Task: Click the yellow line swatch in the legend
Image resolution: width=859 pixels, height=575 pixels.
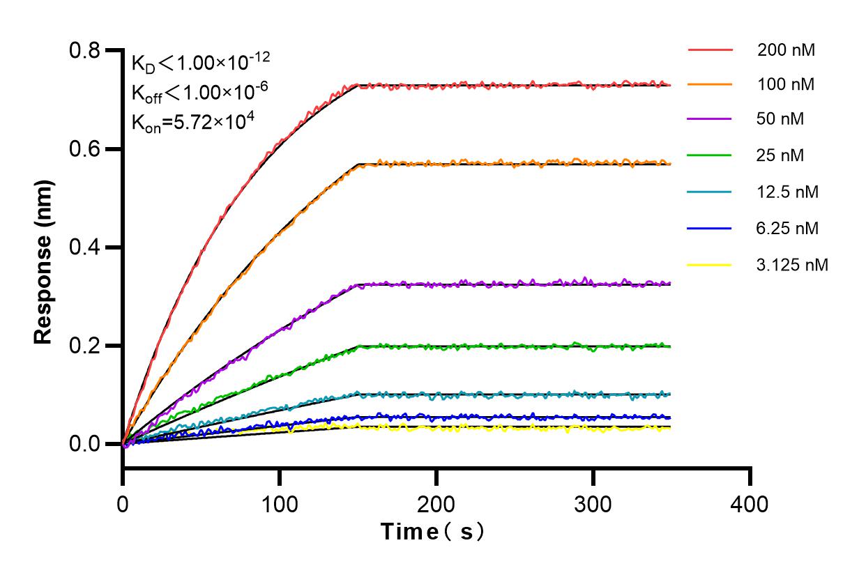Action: [710, 265]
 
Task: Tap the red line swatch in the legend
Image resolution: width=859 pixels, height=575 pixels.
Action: [710, 50]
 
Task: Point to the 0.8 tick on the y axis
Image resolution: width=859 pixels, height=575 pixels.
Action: [86, 51]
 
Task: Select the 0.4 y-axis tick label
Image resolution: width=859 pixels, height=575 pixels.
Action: [86, 248]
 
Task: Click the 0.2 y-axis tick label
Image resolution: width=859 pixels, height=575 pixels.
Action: [86, 346]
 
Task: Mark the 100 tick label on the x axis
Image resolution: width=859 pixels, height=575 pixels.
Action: [280, 503]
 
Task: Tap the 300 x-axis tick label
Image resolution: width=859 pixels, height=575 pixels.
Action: [593, 503]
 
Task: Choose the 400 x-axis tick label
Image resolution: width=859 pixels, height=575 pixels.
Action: [750, 503]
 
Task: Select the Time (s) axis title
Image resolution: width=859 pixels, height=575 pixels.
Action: [432, 532]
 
